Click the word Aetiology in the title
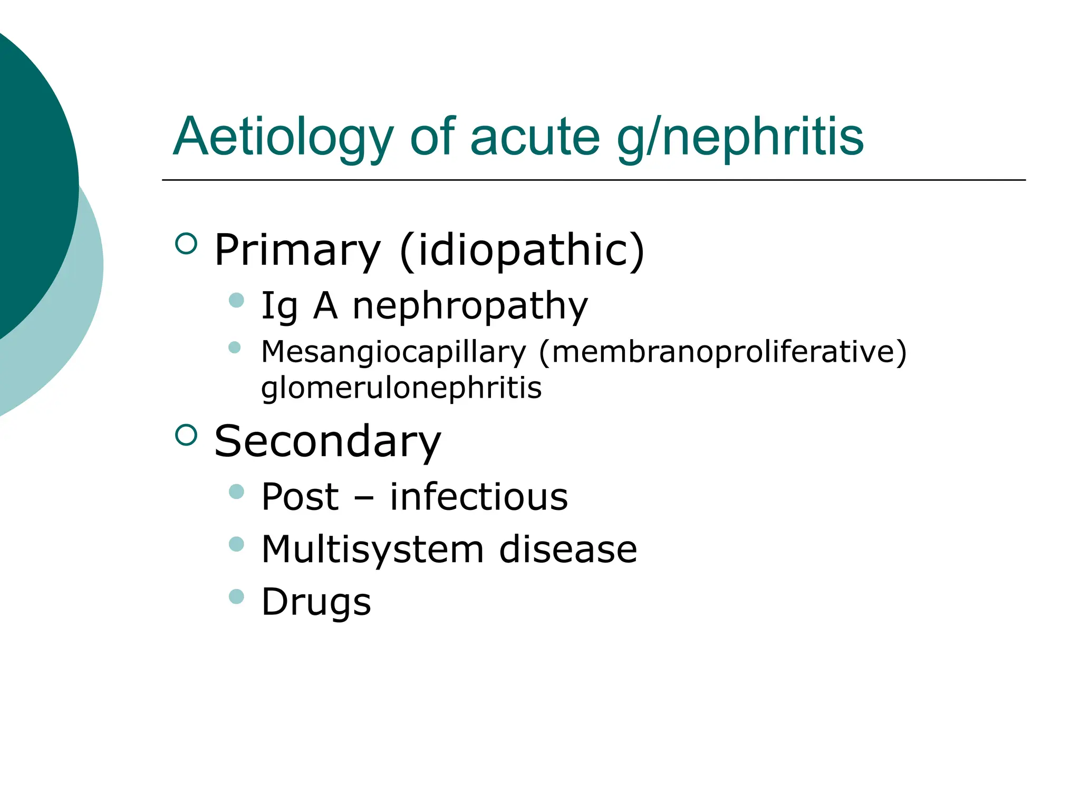[x=283, y=137]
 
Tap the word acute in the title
[x=535, y=137]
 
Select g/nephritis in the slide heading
[x=740, y=137]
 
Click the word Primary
[x=297, y=250]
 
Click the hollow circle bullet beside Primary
[x=186, y=244]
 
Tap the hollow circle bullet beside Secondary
[x=186, y=435]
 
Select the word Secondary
[x=327, y=441]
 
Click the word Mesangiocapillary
[x=393, y=352]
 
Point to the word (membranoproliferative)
[x=722, y=352]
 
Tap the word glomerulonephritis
[x=401, y=388]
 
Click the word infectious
[x=479, y=497]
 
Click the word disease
[x=568, y=549]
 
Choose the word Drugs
[x=316, y=602]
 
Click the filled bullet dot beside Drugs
[x=237, y=596]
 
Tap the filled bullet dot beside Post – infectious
[x=237, y=491]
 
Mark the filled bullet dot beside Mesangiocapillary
[x=235, y=347]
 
